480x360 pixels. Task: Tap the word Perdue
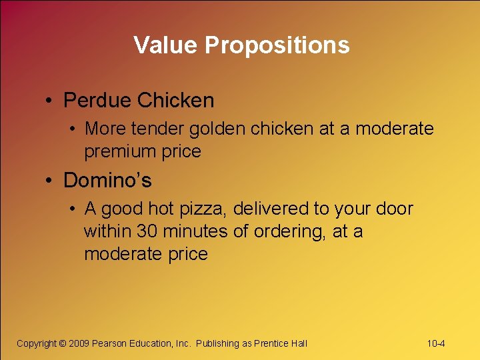[x=97, y=101]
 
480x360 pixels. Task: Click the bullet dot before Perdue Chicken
[x=50, y=101]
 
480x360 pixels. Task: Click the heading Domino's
[x=107, y=181]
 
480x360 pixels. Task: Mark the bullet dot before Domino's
[x=50, y=181]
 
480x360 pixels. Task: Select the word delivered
[x=269, y=209]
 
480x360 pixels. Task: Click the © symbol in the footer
[x=63, y=343]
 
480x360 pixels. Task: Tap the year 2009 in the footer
[x=79, y=343]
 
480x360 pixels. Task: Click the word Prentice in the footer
[x=273, y=343]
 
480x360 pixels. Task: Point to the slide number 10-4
[x=436, y=343]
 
